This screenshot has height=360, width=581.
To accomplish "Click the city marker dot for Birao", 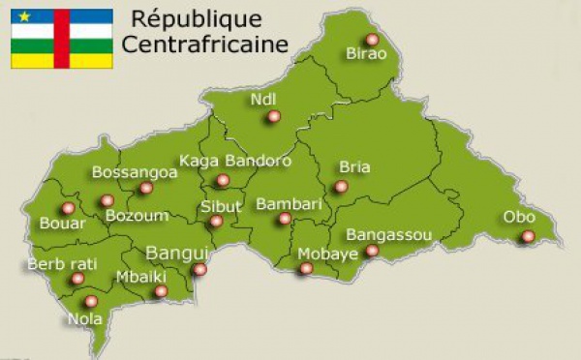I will coord(372,40).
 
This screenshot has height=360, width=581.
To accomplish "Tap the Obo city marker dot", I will coord(528,236).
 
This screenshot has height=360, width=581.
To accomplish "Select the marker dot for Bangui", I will coord(199,269).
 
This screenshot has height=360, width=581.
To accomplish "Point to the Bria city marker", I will coord(341,187).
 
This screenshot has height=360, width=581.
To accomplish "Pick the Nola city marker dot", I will coord(91,301).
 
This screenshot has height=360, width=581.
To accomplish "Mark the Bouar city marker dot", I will coord(68,208).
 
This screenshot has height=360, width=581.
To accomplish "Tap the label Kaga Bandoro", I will coord(235,161).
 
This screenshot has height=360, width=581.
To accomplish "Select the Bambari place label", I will coord(287,204).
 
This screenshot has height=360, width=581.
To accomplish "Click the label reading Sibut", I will coord(221,205).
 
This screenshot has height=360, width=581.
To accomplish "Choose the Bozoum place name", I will coord(137,216).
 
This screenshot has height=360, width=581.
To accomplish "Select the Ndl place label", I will coord(262,100).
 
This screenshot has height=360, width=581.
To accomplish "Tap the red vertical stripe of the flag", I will coord(61,39).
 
